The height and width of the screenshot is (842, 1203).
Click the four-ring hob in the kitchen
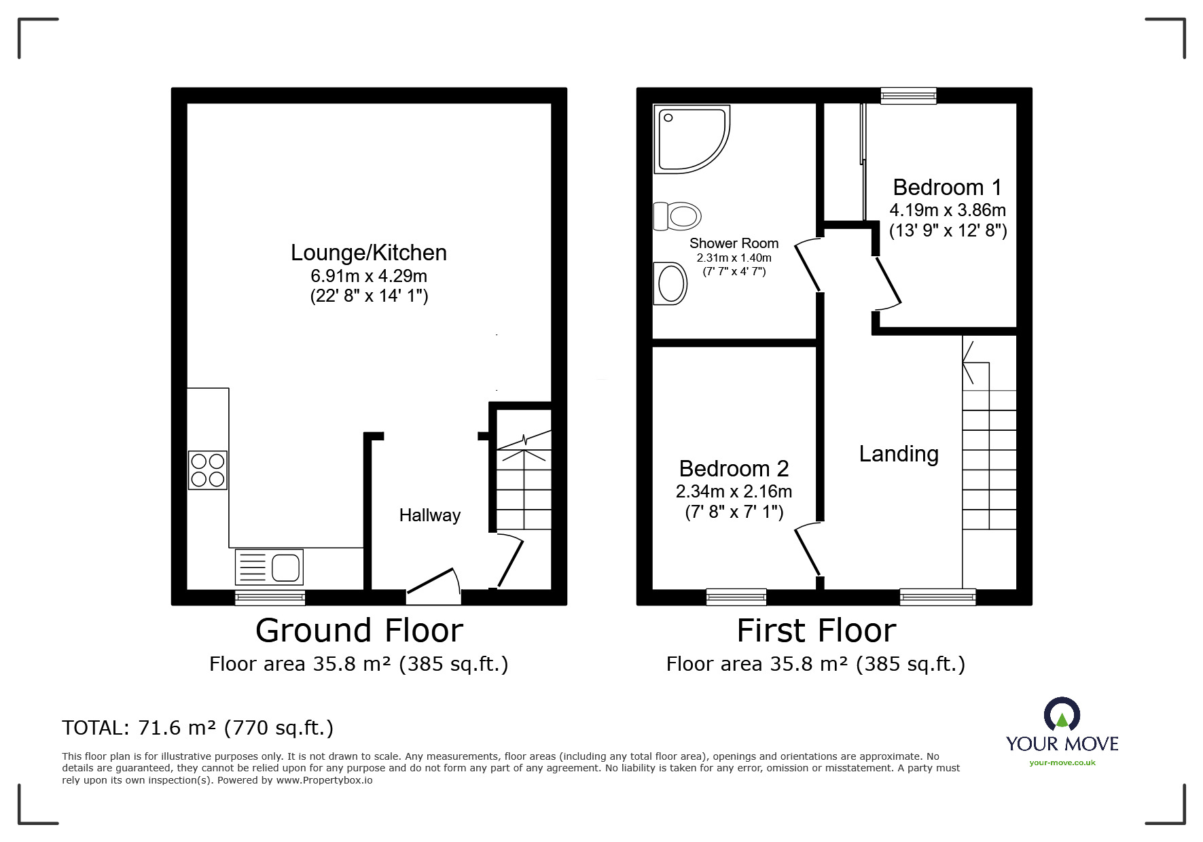(x=208, y=470)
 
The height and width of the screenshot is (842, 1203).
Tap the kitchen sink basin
(x=286, y=567)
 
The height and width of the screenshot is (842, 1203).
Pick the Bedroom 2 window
(x=736, y=597)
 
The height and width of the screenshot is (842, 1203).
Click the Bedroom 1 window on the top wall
(x=908, y=95)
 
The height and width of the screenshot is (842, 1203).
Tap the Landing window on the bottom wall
(x=937, y=597)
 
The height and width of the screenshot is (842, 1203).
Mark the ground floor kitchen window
(x=270, y=597)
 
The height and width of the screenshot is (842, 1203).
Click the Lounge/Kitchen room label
(x=368, y=253)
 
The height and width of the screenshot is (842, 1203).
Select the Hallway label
(x=429, y=515)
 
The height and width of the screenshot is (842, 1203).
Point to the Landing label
(x=898, y=454)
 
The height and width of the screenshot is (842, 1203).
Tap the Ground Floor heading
(x=359, y=631)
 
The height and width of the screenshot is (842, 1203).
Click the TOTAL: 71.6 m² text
(x=198, y=728)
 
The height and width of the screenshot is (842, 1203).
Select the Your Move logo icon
(x=1061, y=715)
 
